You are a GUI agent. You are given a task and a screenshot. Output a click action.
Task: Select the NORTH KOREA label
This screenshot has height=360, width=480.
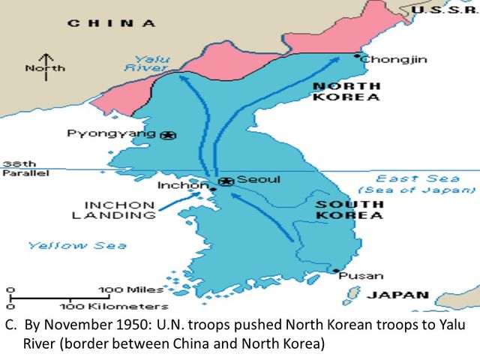click(346, 91)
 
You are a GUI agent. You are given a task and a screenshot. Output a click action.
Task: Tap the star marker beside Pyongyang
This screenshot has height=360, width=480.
click(169, 135)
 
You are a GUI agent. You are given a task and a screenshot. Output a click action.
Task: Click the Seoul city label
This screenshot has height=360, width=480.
click(259, 180)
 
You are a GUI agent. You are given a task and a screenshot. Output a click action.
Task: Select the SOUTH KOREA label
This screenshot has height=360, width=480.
click(349, 209)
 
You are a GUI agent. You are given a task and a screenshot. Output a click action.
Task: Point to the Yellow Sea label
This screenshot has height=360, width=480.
click(77, 245)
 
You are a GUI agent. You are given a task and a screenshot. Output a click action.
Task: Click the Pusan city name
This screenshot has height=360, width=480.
click(361, 275)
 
